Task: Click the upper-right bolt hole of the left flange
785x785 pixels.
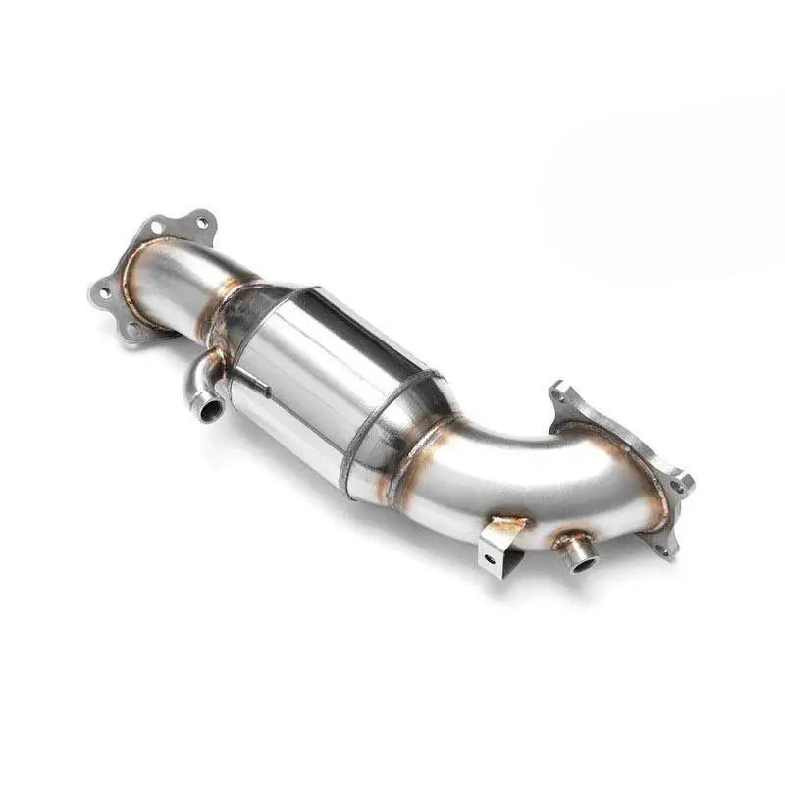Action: point(204,222)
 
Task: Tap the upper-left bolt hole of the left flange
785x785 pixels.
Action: point(156,227)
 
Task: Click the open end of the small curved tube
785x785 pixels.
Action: point(208,407)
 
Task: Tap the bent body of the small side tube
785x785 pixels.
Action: point(200,378)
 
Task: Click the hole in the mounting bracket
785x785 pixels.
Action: point(490,560)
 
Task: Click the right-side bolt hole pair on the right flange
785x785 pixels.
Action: point(679,484)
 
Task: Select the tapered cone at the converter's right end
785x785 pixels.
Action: point(417,422)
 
